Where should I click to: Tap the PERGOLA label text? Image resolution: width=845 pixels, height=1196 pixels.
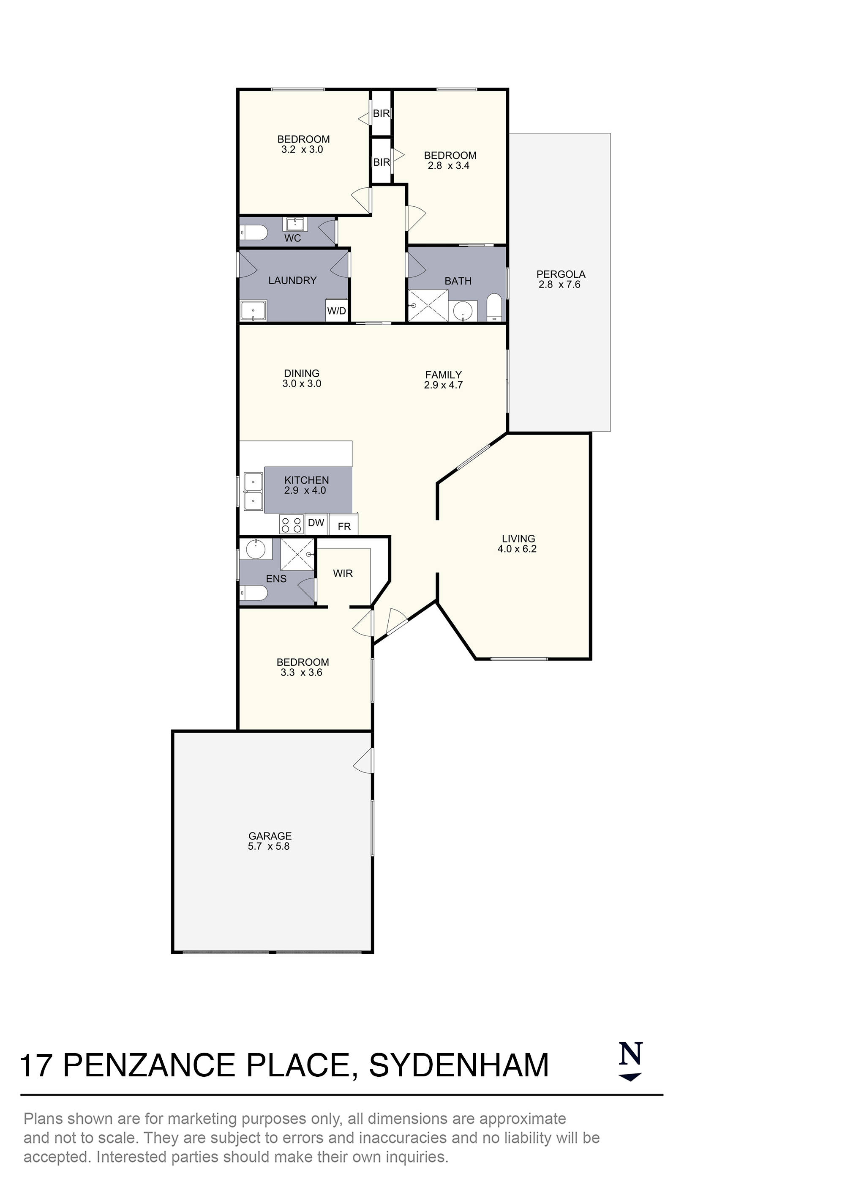561,274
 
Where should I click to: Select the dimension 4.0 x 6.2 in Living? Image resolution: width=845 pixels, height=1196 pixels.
517,549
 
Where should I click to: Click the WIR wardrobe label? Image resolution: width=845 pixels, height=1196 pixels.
343,574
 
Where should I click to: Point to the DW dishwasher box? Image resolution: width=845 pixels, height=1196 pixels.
316,523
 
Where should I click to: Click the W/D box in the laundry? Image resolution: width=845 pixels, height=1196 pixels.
336,311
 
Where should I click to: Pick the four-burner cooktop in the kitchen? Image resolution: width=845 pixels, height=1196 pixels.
292,524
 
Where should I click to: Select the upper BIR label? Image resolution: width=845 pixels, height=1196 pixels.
381,113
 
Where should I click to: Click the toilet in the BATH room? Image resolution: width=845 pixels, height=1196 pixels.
493,308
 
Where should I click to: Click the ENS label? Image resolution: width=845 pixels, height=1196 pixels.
276,579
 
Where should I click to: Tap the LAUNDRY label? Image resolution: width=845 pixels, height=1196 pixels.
292,281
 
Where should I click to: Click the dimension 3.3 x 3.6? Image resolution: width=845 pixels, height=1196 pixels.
301,673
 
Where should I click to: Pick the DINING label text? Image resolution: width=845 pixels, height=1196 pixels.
301,373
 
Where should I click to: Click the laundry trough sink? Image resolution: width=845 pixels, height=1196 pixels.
253,310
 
